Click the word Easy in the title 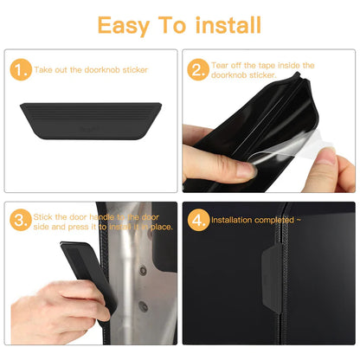pyautogui.click(x=124, y=24)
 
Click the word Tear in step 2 pyautogui.click(x=221, y=65)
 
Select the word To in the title pyautogui.click(x=175, y=24)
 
